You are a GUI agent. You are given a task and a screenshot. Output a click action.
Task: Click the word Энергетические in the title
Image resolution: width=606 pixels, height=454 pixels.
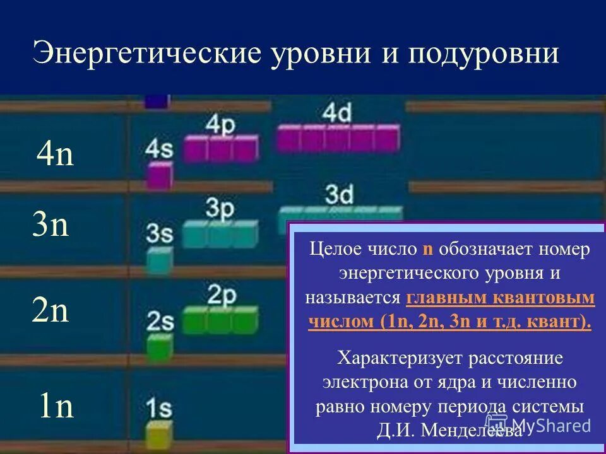(x=146, y=54)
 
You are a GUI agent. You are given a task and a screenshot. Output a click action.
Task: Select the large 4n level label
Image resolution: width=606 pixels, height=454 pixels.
(x=56, y=154)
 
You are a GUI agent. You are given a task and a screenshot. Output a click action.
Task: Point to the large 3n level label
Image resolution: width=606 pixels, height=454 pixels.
(x=50, y=225)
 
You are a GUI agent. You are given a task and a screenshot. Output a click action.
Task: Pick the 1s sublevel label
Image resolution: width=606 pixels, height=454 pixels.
(x=159, y=408)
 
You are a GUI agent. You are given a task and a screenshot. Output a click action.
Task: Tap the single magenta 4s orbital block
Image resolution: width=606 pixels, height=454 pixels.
(x=160, y=176)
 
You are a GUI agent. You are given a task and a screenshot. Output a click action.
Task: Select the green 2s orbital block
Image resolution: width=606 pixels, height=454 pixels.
(x=160, y=346)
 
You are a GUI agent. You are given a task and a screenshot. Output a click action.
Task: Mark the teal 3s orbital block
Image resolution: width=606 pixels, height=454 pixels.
(x=160, y=260)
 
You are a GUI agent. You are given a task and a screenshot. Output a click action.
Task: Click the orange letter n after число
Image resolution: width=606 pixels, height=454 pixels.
(x=427, y=249)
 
